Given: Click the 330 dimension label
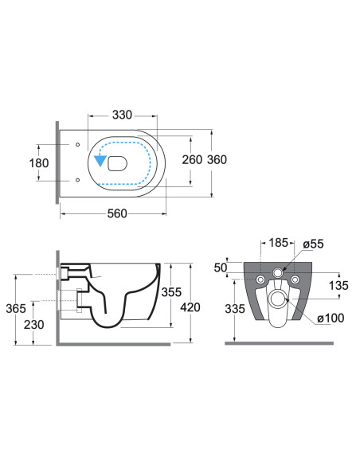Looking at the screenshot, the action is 122,115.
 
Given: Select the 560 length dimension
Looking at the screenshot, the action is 117,213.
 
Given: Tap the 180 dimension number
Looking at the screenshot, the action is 39,162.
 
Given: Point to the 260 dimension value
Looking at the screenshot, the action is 192,159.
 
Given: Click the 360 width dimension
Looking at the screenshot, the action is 217,159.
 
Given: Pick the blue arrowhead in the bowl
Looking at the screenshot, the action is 100,161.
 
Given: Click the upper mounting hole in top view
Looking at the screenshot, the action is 78,144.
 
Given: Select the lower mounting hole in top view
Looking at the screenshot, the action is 78,180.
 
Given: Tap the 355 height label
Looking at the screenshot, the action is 171,292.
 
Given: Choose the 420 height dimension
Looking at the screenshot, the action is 190,307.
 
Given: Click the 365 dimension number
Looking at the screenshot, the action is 16,308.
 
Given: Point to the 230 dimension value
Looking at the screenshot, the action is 33,324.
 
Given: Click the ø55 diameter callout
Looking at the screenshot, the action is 313,244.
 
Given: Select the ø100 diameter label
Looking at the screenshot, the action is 331,318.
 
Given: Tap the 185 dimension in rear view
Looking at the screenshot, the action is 278,243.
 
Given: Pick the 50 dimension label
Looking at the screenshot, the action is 221,268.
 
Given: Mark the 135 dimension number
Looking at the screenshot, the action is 338,286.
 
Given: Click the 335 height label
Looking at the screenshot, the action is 235,309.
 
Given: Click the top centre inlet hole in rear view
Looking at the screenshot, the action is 278,273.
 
